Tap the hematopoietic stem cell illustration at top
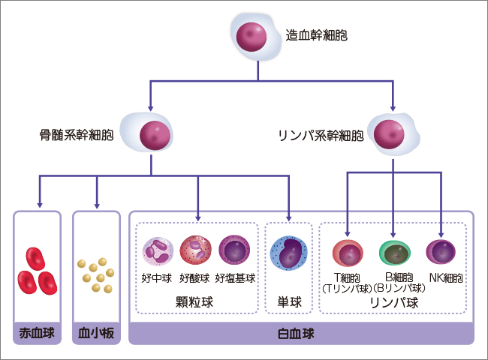pyautogui.click(x=252, y=35)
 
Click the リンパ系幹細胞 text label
pyautogui.click(x=321, y=136)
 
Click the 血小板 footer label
pyautogui.click(x=96, y=331)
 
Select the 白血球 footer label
pyautogui.click(x=301, y=331)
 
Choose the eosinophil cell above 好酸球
pyautogui.click(x=195, y=252)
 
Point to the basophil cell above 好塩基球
pyautogui.click(x=234, y=251)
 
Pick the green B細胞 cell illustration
pyautogui.click(x=394, y=253)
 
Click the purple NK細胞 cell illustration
pyautogui.click(x=441, y=253)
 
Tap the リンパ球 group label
pyautogui.click(x=394, y=303)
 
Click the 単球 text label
pyautogui.click(x=288, y=302)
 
